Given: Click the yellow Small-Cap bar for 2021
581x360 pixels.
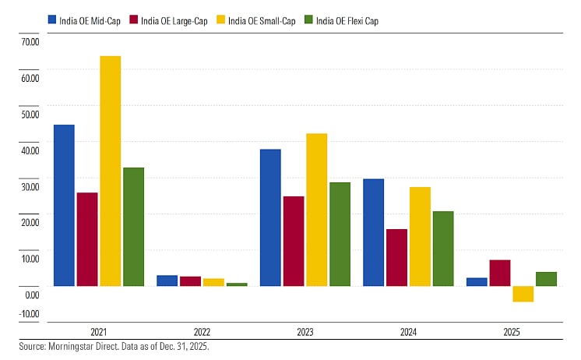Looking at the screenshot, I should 110,171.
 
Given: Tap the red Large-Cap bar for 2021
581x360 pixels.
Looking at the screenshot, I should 87,238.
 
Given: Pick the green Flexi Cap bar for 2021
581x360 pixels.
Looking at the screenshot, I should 133,226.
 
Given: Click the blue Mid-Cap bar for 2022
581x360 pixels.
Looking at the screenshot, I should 167,281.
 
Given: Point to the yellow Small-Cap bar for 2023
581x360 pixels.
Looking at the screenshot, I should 316,210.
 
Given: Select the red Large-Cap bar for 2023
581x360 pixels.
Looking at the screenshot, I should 293,241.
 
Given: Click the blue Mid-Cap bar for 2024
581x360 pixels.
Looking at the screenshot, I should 374,232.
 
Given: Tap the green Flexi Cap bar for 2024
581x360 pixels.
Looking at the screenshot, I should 443,249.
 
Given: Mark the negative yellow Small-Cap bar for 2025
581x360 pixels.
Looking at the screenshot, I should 523,294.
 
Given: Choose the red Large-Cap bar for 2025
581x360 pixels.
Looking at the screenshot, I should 500,273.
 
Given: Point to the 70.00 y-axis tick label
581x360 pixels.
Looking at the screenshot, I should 30,41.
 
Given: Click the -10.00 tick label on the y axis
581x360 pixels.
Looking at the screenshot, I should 30,314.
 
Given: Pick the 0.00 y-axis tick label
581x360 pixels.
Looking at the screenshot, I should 31,295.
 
